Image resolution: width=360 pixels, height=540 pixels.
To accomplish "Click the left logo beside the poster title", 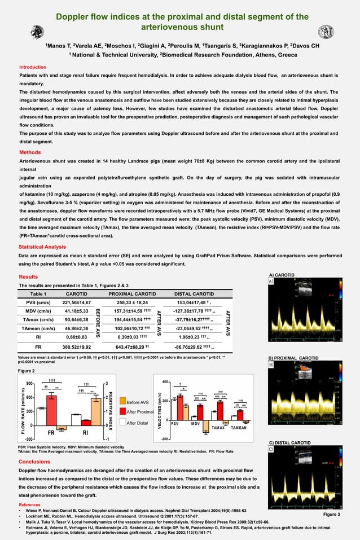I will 37,33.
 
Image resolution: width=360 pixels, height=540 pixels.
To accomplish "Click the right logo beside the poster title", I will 326,32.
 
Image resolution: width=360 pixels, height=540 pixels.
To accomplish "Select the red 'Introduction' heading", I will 33,67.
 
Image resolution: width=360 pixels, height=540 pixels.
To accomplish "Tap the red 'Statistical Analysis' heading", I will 42,247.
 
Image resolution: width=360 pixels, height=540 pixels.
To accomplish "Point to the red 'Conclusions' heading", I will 34,462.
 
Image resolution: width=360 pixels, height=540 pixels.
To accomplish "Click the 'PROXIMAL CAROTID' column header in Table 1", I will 132,294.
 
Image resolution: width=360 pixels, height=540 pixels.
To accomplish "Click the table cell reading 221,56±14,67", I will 77,302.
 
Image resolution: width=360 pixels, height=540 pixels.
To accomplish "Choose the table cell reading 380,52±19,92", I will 77,346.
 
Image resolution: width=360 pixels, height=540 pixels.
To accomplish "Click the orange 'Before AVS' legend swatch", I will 123,402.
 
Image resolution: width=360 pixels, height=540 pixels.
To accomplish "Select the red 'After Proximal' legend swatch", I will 123,412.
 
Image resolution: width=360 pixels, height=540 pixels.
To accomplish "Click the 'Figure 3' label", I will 331,515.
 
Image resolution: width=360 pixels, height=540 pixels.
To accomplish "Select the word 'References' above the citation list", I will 30,504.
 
